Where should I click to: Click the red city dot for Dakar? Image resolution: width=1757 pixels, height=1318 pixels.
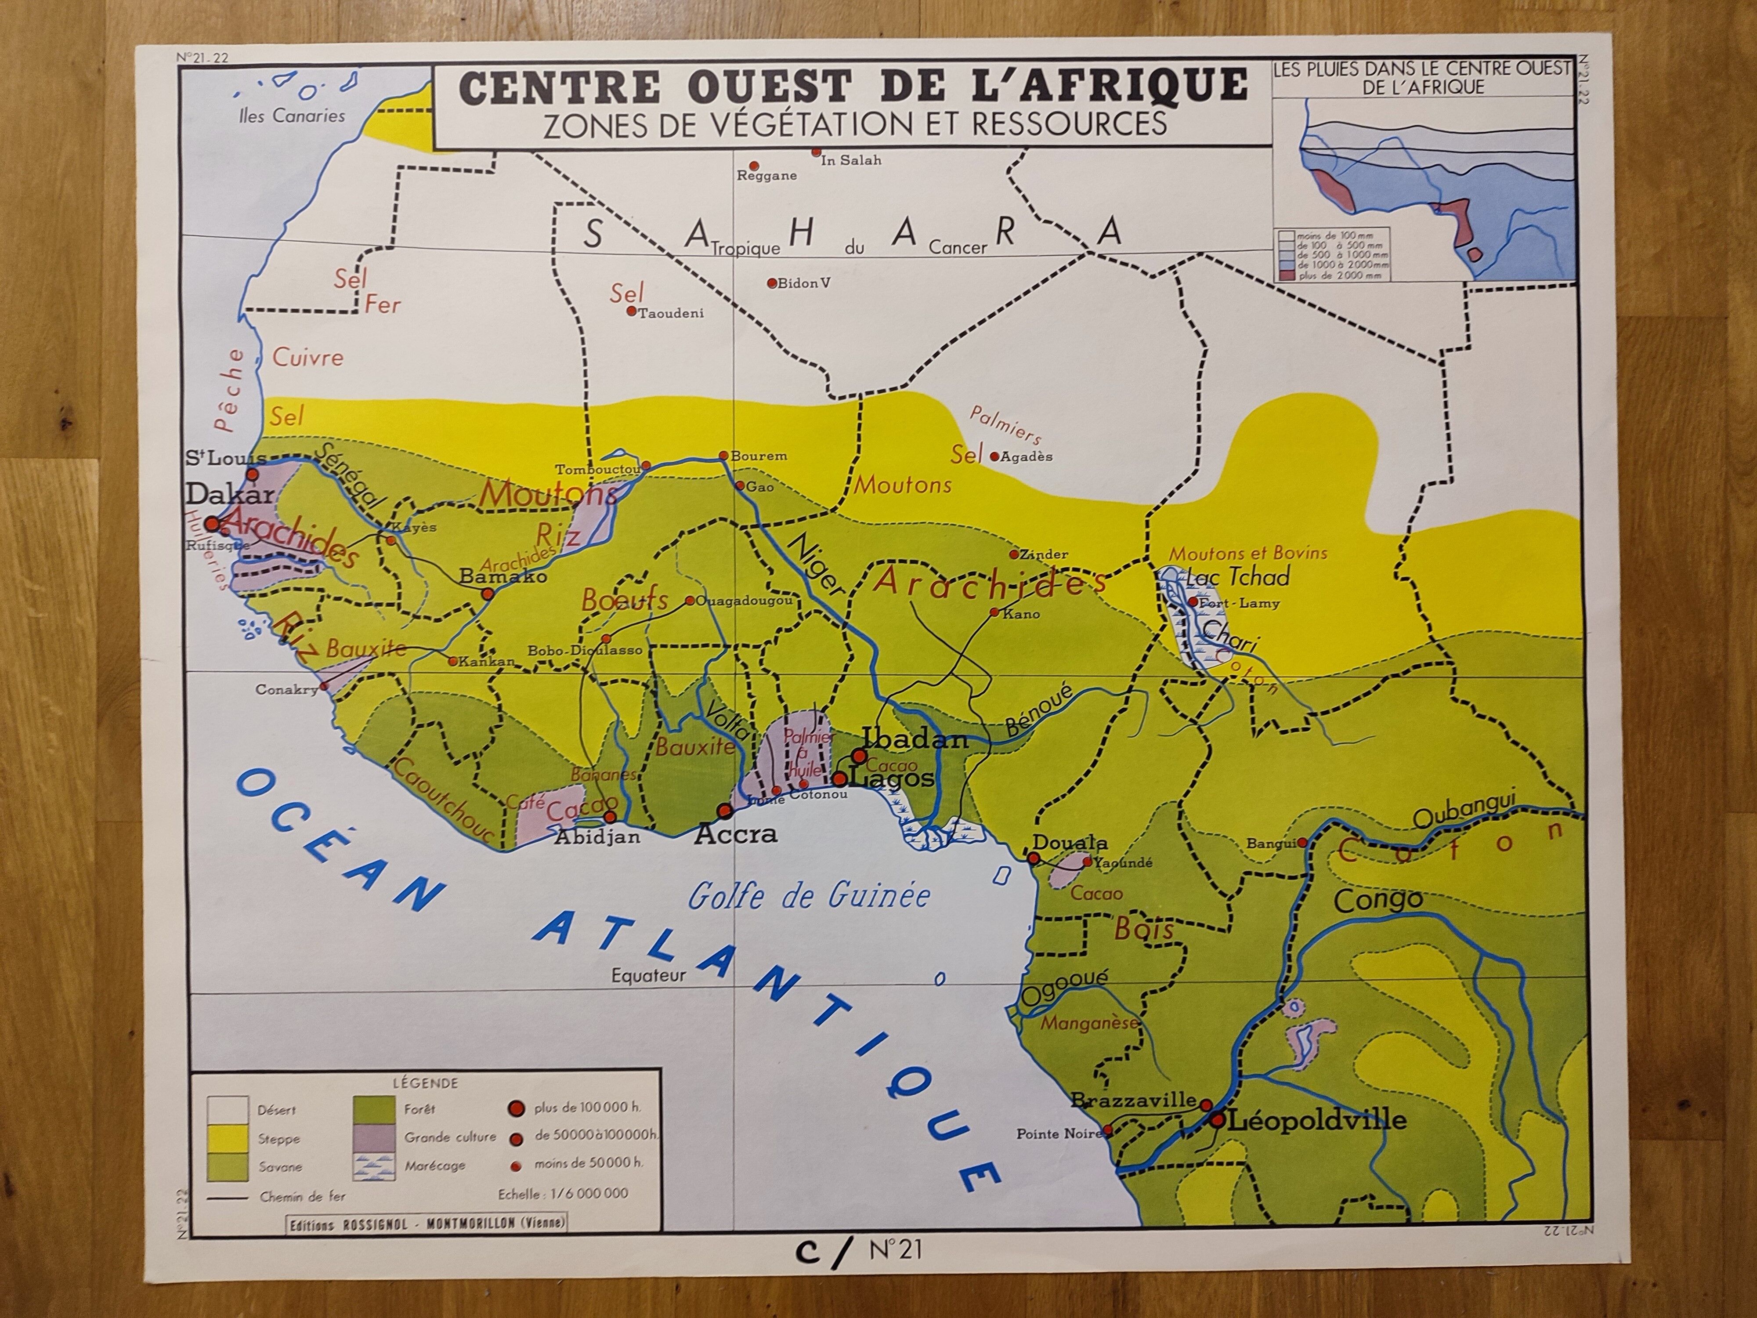pos(212,524)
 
